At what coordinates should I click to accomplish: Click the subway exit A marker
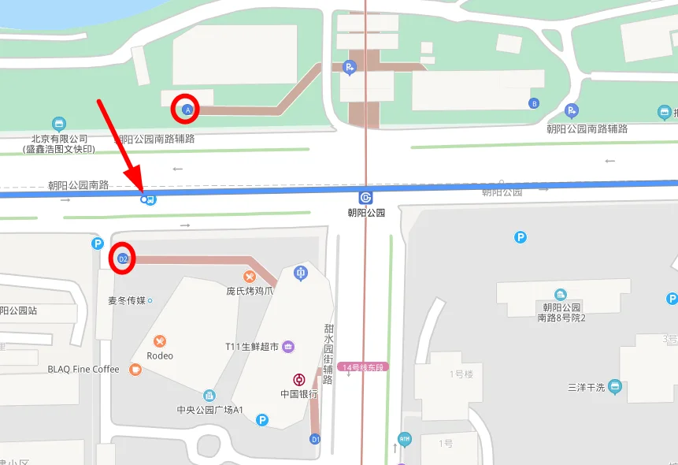[187, 110]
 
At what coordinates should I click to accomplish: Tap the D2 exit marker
[122, 259]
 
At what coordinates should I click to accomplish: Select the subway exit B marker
[535, 103]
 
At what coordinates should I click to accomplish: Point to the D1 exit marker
[315, 438]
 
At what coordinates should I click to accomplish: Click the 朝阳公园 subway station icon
[366, 197]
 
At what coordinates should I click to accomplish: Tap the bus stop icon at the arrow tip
[148, 199]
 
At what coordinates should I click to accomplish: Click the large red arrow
[119, 146]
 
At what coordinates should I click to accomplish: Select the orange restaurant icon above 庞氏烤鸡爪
[250, 276]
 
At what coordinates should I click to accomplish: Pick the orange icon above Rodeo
[160, 341]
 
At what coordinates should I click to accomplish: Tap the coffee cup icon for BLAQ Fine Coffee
[135, 369]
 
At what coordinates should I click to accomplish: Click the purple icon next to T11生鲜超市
[288, 347]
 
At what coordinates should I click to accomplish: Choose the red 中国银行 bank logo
[299, 380]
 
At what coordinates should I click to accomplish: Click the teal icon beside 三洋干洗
[615, 387]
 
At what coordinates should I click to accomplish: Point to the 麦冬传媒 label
[127, 300]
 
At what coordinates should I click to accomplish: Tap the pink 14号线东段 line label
[363, 367]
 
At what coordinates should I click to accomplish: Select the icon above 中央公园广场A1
[209, 396]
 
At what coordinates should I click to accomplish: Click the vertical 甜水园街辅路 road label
[328, 354]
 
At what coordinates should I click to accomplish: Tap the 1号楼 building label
[460, 374]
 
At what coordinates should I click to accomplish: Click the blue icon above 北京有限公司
[58, 124]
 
